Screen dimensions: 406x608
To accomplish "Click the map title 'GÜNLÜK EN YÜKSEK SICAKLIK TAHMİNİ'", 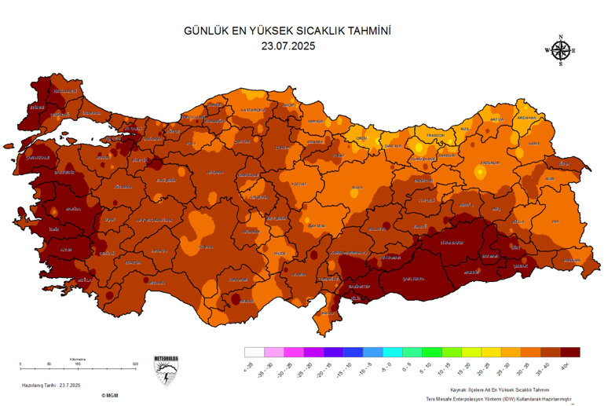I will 287,31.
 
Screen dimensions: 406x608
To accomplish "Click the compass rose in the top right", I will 560,50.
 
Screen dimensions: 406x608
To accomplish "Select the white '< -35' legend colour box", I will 254,352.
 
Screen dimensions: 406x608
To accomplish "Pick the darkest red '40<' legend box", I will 571,352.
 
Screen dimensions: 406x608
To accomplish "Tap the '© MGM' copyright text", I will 108,396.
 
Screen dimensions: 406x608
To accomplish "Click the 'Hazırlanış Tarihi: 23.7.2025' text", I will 52,385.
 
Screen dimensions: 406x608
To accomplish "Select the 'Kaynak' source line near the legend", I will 500,390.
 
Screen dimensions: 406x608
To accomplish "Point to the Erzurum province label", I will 489,163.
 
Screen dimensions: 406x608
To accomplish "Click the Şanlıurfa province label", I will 413,278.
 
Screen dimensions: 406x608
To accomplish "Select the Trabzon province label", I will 435,135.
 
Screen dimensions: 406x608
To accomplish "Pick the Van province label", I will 555,221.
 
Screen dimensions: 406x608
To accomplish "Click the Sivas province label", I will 357,188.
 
